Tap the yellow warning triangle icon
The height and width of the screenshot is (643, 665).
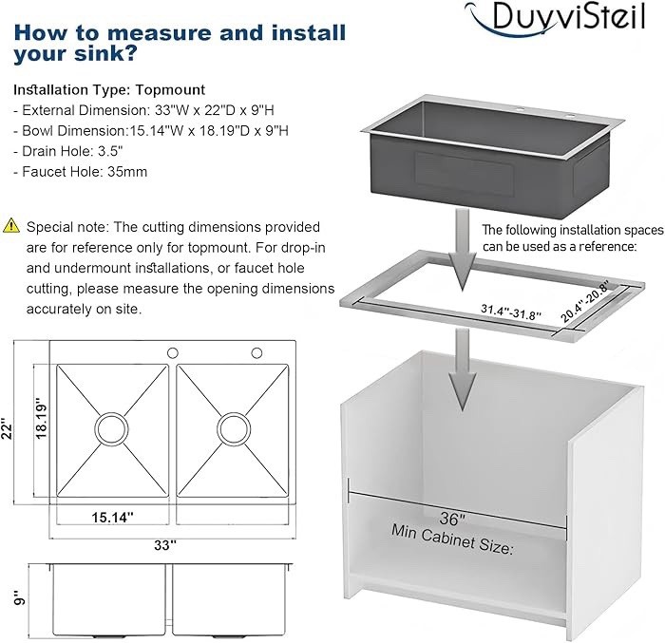tap(12, 225)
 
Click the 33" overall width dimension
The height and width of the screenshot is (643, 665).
tap(165, 546)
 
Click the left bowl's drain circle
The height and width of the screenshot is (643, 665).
tap(109, 424)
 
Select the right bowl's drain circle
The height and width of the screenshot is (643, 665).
tap(232, 424)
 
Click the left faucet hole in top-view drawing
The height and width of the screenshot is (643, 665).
tap(173, 353)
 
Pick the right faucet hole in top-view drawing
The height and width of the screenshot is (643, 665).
tap(256, 353)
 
